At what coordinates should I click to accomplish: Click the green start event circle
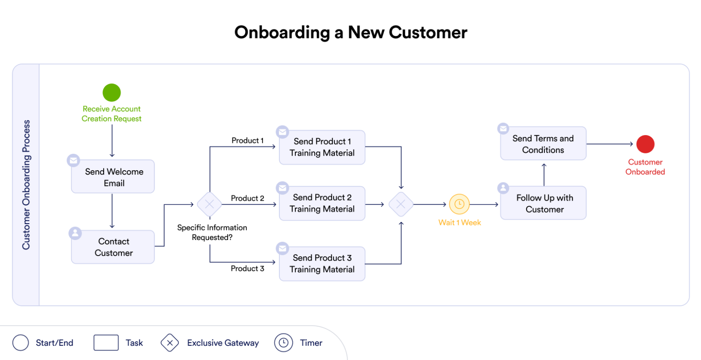[x=111, y=93]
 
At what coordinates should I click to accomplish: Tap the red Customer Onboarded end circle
[x=645, y=144]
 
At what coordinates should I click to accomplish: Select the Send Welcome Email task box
[x=113, y=177]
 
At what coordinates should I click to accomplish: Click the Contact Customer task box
[x=113, y=247]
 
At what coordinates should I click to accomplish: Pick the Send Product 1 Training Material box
[x=322, y=147]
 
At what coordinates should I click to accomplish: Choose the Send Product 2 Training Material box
[x=322, y=203]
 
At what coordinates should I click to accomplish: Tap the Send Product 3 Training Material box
[x=322, y=264]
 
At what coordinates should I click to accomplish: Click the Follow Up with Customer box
[x=544, y=203]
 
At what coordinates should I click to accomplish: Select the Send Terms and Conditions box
[x=543, y=144]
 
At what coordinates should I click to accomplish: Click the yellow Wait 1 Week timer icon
[x=459, y=204]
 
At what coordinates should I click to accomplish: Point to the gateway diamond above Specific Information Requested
[x=209, y=204]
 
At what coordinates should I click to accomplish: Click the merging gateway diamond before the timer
[x=401, y=204]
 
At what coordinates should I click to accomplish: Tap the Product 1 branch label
[x=247, y=141]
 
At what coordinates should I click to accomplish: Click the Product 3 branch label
[x=247, y=269]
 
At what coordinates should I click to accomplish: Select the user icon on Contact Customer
[x=75, y=233]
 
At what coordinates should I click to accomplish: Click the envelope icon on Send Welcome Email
[x=73, y=160]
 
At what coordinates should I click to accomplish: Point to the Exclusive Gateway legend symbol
[x=170, y=343]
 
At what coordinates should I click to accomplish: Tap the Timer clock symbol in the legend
[x=283, y=343]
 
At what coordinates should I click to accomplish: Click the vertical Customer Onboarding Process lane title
[x=26, y=185]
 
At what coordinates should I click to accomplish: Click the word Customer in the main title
[x=428, y=33]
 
